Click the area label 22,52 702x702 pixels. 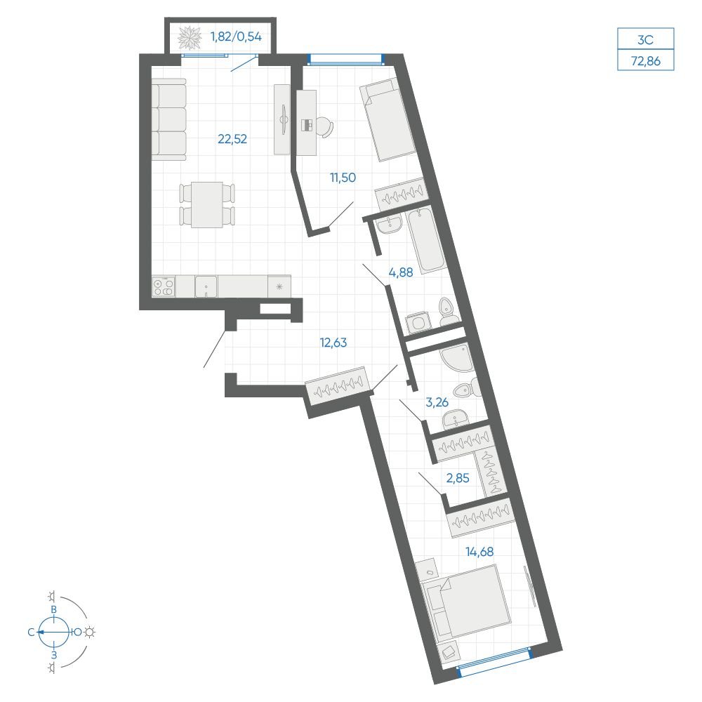[232, 139]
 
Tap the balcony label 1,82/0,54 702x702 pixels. [236, 37]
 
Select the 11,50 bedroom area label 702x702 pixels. [343, 178]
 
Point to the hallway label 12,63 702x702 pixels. [333, 343]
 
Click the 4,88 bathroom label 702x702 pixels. [401, 272]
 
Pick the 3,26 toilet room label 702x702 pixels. [437, 402]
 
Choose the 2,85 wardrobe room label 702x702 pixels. [458, 478]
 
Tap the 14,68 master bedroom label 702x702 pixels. [479, 552]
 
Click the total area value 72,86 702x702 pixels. [646, 61]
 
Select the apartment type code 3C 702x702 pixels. [645, 40]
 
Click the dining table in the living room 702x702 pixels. [207, 204]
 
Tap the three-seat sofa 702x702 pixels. [168, 119]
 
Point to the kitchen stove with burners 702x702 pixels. [164, 286]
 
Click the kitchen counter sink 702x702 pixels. [206, 286]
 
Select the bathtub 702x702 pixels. [427, 241]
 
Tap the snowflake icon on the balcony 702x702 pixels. [190, 38]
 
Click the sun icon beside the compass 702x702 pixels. [91, 633]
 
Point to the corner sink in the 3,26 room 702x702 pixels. [456, 358]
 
